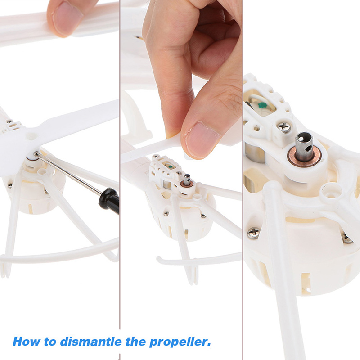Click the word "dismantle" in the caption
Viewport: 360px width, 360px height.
tap(91, 342)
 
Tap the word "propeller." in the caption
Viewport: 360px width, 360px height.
tap(180, 342)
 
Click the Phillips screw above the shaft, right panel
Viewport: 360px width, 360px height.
tap(284, 127)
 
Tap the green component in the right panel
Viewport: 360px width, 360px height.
tap(262, 105)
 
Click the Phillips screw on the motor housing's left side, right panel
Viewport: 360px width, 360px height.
tap(253, 233)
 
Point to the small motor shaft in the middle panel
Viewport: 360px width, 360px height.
tap(187, 180)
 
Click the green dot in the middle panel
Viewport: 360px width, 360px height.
tap(170, 166)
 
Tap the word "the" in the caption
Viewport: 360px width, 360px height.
tap(135, 342)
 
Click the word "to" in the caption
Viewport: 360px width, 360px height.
tap(50, 342)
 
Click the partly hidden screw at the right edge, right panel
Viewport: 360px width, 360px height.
tap(347, 238)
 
